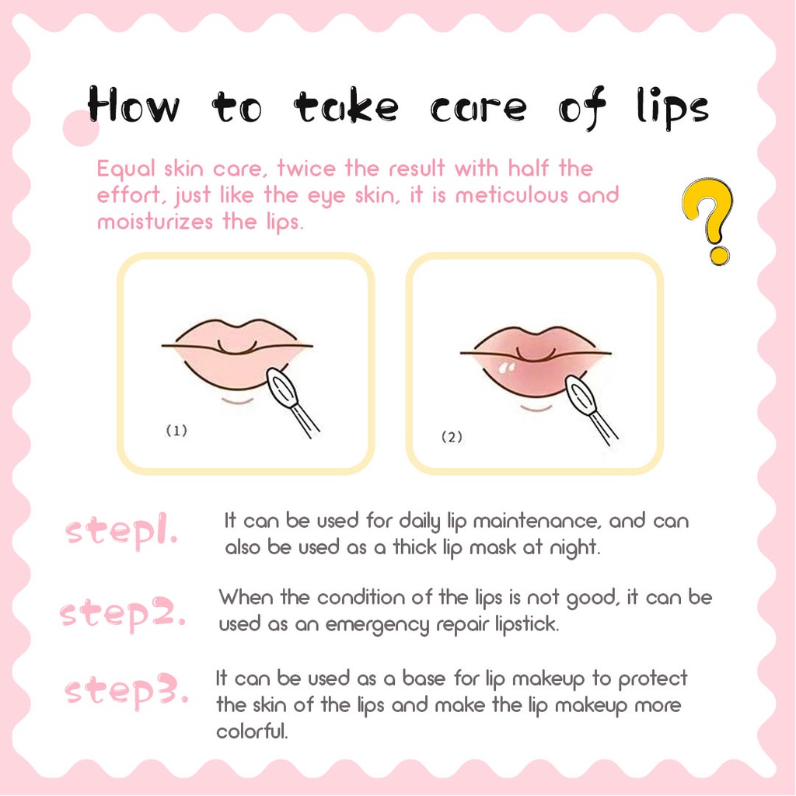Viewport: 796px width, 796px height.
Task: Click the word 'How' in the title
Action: [133, 104]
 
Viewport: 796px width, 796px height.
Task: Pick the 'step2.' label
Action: [122, 613]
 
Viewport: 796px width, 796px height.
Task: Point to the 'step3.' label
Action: [127, 690]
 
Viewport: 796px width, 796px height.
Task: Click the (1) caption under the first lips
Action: [176, 431]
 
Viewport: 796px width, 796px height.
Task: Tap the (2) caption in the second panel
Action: [452, 437]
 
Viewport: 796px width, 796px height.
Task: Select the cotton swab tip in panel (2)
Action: [581, 395]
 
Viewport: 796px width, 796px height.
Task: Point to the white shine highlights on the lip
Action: [506, 368]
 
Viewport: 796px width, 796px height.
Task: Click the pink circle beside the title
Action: [80, 128]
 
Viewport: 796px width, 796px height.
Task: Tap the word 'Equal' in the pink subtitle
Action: [126, 169]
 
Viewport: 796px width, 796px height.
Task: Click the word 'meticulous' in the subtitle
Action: [511, 195]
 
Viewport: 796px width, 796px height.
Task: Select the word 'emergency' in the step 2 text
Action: [377, 625]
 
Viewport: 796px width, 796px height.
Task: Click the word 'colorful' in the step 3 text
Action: [252, 731]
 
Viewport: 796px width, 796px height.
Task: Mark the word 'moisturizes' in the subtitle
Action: [155, 222]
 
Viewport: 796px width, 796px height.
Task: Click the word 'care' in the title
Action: [478, 108]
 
